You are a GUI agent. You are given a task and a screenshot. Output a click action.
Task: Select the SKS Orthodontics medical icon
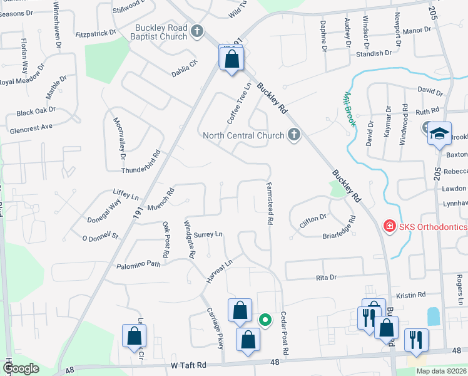click(x=389, y=226)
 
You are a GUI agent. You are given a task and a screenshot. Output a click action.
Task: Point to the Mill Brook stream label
click(x=348, y=110)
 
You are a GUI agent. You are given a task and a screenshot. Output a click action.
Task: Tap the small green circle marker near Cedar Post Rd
click(x=265, y=320)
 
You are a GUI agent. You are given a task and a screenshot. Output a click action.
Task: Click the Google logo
click(x=21, y=368)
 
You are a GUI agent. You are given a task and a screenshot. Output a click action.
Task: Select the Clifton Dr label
click(x=313, y=217)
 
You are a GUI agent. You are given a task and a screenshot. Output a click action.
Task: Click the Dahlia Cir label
click(x=185, y=67)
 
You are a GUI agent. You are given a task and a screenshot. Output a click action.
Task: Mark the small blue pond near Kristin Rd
click(x=433, y=315)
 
